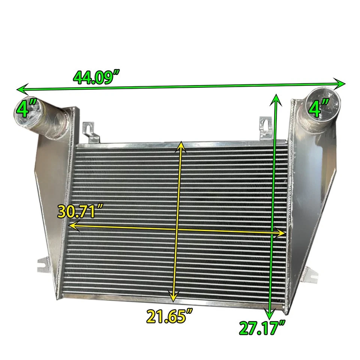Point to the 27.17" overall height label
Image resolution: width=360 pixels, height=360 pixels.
coord(261,328)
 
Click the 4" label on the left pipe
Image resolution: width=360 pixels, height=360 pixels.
coord(23,110)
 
